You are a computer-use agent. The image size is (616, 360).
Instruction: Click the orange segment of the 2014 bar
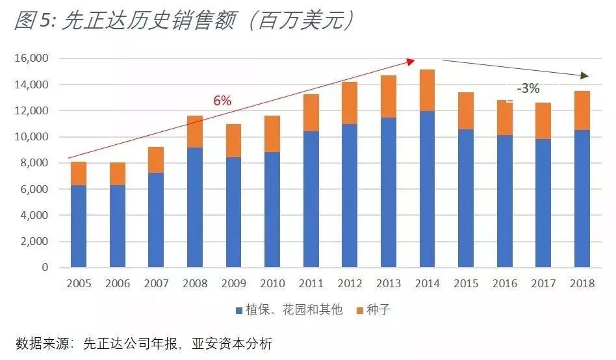coord(427,90)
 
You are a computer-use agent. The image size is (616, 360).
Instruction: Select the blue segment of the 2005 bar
coord(79,226)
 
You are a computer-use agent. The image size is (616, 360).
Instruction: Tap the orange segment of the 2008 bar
coord(195,132)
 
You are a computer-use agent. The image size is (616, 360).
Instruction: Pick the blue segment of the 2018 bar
coord(582,198)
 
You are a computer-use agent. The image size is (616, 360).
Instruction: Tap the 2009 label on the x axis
coord(233,283)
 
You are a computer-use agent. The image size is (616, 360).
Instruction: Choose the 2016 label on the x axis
coord(505,283)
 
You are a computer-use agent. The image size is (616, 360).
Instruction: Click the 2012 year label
coord(350,283)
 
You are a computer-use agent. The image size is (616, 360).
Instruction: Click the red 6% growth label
coord(222,101)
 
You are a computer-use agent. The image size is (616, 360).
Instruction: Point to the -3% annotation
coord(528,89)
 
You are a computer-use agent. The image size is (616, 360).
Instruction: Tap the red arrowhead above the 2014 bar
coord(411,61)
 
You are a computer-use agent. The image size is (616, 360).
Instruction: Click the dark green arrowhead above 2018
coord(585,76)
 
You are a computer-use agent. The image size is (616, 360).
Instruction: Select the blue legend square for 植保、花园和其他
coord(238,311)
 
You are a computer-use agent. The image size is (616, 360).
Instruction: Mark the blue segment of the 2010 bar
coord(272,209)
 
